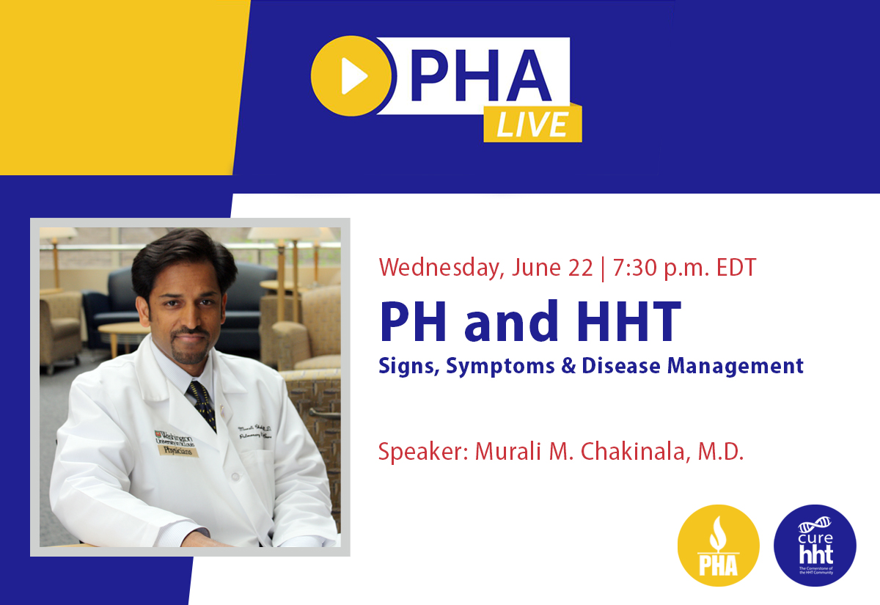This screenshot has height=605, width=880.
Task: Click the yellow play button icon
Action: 351,76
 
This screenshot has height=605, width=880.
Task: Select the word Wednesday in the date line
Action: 439,267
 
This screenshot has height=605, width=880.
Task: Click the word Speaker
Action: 422,451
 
